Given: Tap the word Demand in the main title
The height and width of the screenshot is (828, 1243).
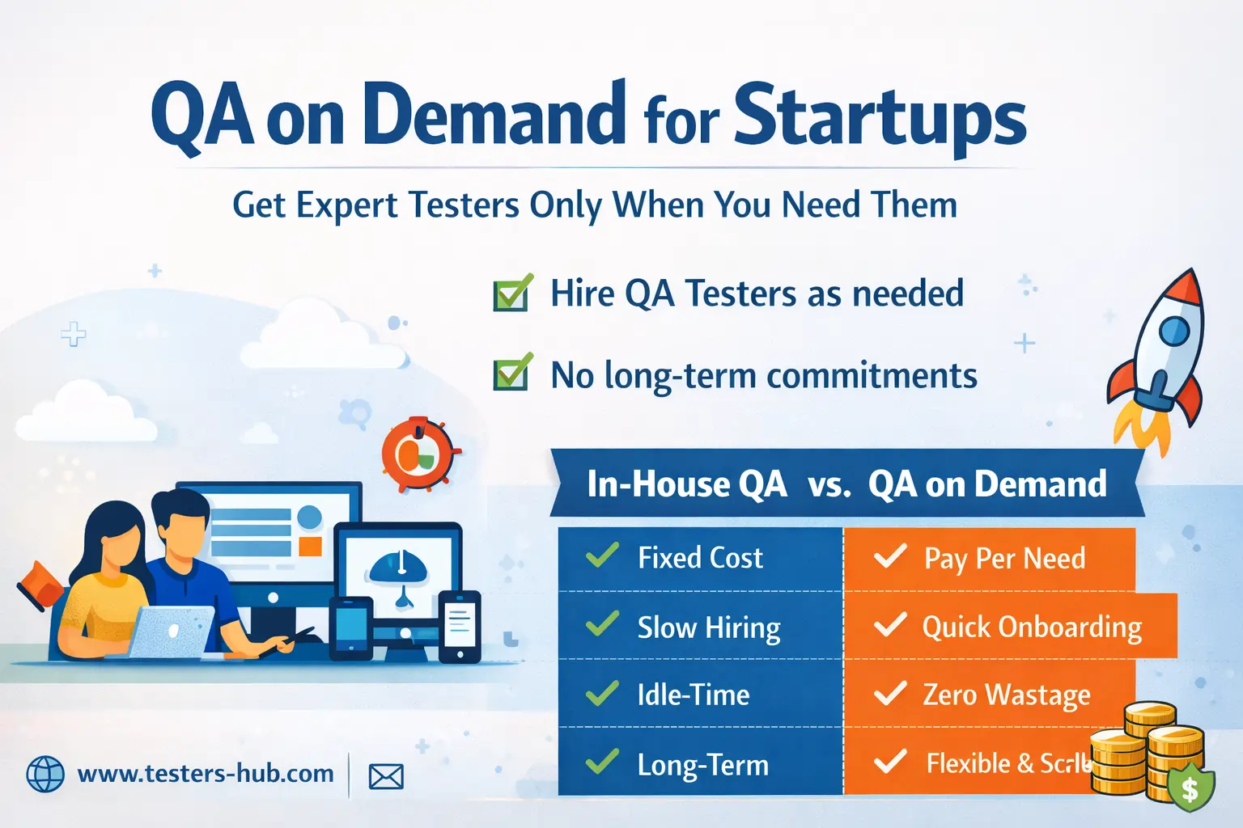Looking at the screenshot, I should coord(494,115).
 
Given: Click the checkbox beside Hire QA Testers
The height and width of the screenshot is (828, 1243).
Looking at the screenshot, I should coord(512,294).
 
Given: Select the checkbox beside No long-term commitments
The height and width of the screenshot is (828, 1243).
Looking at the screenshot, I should coord(512,374).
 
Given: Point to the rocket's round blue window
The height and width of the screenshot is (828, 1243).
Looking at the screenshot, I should coord(1173,329).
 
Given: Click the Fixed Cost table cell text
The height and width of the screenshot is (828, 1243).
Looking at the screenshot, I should coord(700,558).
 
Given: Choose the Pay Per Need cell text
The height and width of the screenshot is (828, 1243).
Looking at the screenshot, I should coord(1004,559).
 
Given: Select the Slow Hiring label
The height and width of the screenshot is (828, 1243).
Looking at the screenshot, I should coord(709,627).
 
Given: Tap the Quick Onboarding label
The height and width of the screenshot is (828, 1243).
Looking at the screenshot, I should coord(1032,627).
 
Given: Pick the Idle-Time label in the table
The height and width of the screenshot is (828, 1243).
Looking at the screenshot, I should coord(694,695).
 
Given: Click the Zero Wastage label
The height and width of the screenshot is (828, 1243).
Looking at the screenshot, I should coord(1007,695).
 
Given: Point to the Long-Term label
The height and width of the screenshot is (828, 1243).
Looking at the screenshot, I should coord(702,765).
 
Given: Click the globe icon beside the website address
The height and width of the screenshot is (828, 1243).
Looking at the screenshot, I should coord(45,775).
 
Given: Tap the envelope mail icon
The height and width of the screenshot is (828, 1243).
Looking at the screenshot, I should coord(386,777).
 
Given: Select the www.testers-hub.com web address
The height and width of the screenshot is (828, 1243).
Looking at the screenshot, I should coord(206,774).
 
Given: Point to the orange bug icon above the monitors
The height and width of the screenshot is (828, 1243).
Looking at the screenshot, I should coord(418,455).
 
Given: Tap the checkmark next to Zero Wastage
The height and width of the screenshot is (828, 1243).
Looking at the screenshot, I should coord(890,693).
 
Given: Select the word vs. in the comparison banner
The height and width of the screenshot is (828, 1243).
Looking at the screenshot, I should coord(829,484).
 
